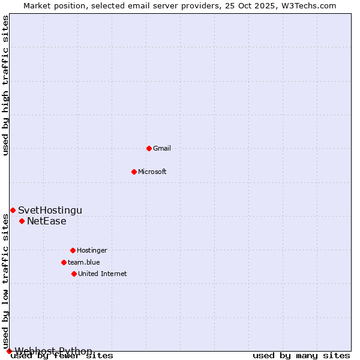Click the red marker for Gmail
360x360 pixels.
click(149, 148)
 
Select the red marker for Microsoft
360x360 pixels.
click(134, 172)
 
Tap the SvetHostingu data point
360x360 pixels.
click(13, 210)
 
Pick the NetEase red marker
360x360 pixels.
click(22, 221)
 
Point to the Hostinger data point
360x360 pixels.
click(73, 250)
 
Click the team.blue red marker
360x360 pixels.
click(64, 262)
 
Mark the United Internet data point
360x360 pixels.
click(74, 274)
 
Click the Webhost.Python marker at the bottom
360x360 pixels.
click(9, 351)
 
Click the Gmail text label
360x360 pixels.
click(162, 148)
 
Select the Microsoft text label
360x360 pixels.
click(152, 172)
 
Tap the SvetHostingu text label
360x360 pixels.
click(50, 210)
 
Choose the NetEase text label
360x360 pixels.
click(47, 221)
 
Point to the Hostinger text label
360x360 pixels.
click(92, 250)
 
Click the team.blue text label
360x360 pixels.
click(84, 262)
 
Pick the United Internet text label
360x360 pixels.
click(103, 274)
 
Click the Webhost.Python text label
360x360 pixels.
click(53, 351)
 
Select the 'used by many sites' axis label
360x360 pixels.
click(301, 356)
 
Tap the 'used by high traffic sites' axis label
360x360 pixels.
click(6, 85)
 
